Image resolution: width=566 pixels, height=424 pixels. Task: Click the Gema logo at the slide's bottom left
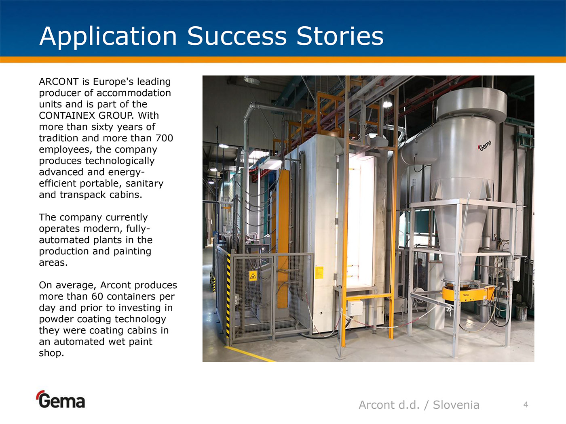click(61, 399)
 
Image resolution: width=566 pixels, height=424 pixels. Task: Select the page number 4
click(526, 405)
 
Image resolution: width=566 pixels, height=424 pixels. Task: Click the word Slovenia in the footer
click(456, 405)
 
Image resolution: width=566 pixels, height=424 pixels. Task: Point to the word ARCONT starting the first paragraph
click(59, 82)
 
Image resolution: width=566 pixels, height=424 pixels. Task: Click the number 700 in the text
click(165, 138)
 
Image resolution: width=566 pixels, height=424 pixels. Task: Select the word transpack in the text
click(83, 195)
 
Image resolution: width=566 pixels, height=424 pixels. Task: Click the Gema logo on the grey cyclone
click(485, 146)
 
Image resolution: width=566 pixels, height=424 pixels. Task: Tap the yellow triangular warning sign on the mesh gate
click(253, 276)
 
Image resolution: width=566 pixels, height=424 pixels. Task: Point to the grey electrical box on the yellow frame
click(355, 308)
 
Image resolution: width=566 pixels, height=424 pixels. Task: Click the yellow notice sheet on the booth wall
click(319, 273)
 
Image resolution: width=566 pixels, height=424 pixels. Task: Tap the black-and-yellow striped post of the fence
click(228, 296)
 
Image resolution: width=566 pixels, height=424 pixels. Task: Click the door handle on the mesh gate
click(237, 299)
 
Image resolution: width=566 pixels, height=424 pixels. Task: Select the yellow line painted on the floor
click(249, 354)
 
